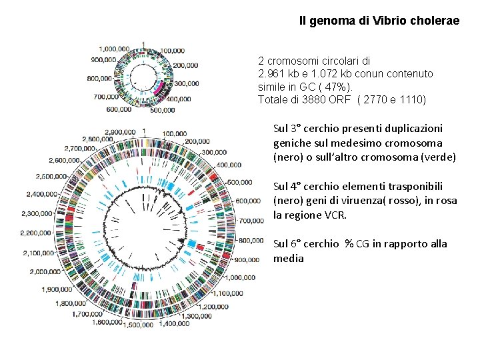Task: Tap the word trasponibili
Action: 429,186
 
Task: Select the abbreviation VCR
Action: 337,215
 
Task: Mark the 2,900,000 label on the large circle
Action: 121,131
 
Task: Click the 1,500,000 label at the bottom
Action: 139,325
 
